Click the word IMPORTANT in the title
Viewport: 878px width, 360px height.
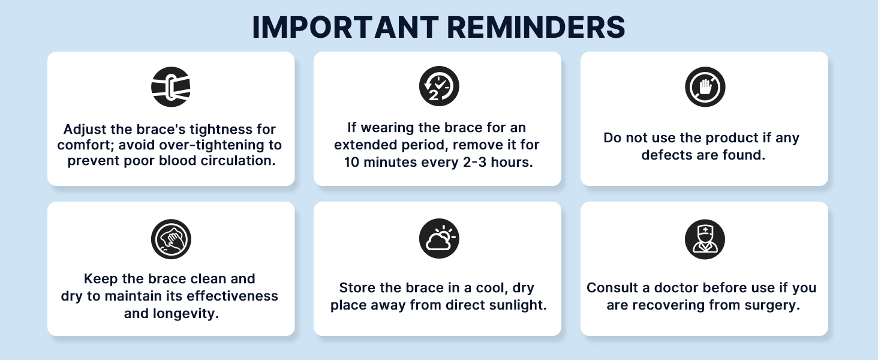tap(343, 28)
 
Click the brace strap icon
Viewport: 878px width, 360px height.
tap(171, 87)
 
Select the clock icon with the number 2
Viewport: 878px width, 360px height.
tap(438, 87)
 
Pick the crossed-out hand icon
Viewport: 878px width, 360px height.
tap(705, 87)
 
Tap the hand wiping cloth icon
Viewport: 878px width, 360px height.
tap(171, 239)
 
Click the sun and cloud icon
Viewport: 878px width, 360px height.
tap(438, 239)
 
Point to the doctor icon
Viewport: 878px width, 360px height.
tap(705, 239)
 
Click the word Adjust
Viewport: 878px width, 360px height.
tap(84, 129)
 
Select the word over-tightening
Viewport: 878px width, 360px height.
tap(217, 145)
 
